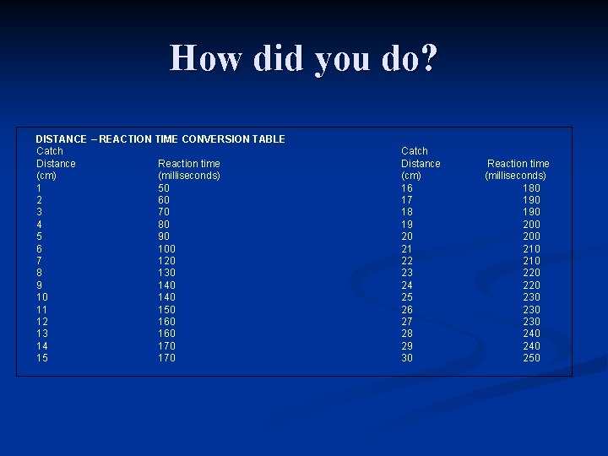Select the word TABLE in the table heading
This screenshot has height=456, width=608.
coord(267,138)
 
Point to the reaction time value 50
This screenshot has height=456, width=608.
coord(164,187)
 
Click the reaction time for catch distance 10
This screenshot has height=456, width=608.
coord(167,297)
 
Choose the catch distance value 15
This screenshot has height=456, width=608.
coord(42,358)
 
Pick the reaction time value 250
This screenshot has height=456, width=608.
coord(531,358)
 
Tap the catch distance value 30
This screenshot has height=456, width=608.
coord(407,358)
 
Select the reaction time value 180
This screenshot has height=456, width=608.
coord(531,187)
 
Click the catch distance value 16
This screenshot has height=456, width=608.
coord(407,187)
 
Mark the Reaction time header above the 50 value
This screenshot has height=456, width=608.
coord(189,164)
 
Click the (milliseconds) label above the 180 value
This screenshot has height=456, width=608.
coord(515,176)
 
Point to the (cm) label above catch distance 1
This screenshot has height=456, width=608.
coord(46,176)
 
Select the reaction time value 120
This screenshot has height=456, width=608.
coord(167,261)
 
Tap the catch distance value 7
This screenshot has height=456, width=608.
coord(39,261)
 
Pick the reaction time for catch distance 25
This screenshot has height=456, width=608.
coord(531,297)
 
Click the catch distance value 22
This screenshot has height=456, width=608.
coord(407,261)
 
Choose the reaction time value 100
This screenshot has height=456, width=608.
coord(167,249)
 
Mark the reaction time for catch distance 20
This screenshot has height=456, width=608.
coord(531,236)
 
